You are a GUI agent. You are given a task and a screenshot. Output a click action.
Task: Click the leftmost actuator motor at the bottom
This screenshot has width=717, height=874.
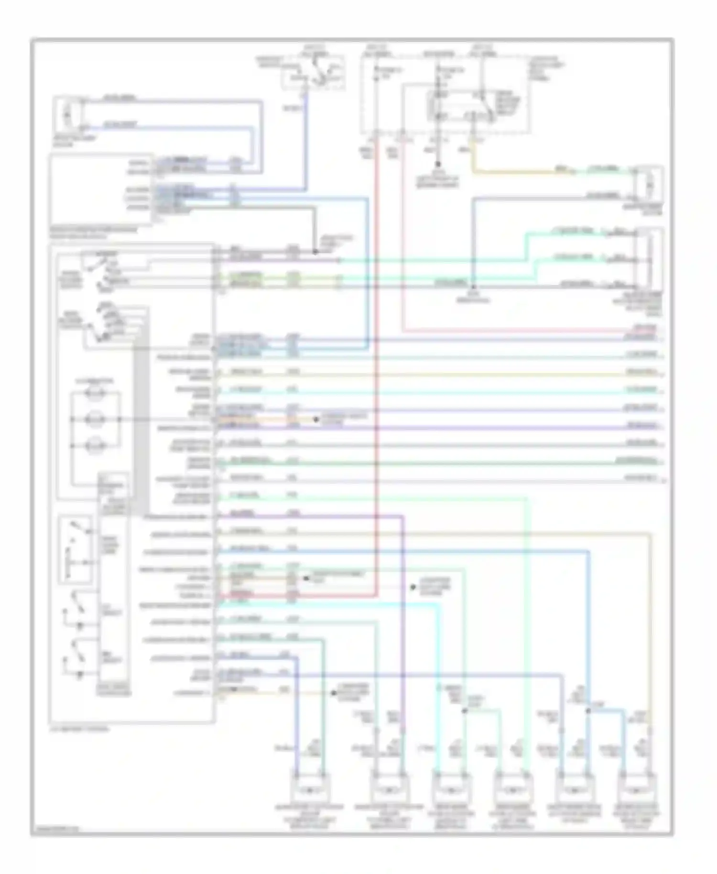click(309, 789)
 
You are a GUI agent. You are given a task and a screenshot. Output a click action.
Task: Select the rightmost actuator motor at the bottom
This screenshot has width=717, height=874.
click(637, 789)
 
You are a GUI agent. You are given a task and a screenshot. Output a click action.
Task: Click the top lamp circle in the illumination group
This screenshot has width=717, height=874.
click(94, 393)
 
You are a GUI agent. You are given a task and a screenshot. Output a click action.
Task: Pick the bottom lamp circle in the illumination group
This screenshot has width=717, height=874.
click(94, 446)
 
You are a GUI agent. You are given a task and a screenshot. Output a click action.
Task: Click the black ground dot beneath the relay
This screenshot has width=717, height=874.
click(437, 164)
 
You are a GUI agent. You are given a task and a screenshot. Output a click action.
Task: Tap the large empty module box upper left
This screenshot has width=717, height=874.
click(100, 189)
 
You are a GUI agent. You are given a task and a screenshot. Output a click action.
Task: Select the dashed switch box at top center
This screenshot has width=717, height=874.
click(313, 73)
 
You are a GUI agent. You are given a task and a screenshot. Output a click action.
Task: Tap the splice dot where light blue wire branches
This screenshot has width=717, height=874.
click(588, 711)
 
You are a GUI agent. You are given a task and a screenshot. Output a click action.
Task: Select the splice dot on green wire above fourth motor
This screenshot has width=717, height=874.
click(464, 711)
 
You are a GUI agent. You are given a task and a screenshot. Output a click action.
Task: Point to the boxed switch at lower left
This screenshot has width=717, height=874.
click(75, 550)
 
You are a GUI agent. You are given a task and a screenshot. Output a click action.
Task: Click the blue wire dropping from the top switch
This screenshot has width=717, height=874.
click(305, 143)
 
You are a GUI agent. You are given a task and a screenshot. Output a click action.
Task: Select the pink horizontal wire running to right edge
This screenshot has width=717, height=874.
click(526, 330)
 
